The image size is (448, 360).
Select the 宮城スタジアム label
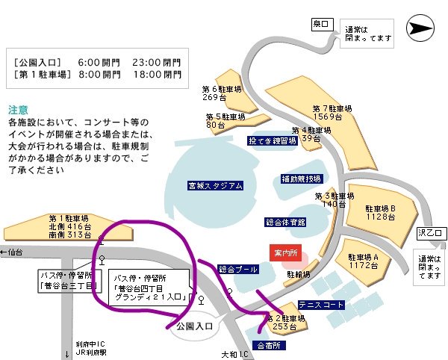(215, 185)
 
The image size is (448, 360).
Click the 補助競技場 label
(301, 179)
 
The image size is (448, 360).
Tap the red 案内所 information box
(285, 253)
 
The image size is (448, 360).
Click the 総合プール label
(238, 268)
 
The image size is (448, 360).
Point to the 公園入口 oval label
(195, 327)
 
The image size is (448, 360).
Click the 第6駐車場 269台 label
(214, 93)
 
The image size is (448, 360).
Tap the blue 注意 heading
(19, 108)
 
